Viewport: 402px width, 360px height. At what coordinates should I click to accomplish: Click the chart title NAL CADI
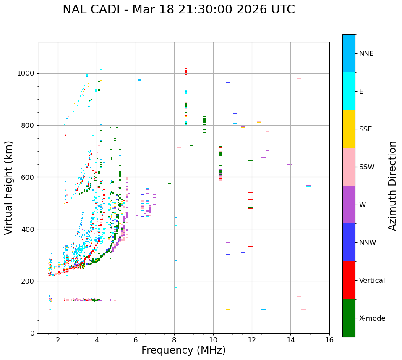tap(179, 10)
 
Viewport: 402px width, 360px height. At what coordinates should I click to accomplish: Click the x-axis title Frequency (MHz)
tap(183, 350)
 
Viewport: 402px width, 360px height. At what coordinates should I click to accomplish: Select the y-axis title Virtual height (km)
tap(9, 187)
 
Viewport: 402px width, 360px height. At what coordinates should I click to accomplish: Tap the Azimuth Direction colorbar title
tap(392, 186)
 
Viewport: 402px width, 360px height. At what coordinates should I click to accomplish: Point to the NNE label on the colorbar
tap(366, 54)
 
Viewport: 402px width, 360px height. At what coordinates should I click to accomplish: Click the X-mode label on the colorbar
tap(372, 318)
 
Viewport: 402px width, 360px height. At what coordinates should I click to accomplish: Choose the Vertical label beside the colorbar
tap(372, 281)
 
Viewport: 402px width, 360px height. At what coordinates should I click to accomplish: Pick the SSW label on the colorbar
tap(367, 167)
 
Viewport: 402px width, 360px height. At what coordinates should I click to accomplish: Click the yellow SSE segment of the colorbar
tap(349, 129)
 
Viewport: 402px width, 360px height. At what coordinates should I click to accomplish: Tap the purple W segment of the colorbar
tap(349, 205)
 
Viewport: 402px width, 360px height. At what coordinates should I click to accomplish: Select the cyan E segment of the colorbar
tap(349, 91)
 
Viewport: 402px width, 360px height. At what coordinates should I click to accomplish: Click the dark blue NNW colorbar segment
tap(349, 242)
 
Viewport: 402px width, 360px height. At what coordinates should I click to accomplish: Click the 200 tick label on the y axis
tap(29, 281)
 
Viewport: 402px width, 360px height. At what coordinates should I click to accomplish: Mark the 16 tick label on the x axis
tap(329, 340)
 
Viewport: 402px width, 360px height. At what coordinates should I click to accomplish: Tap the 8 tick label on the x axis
tap(175, 340)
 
